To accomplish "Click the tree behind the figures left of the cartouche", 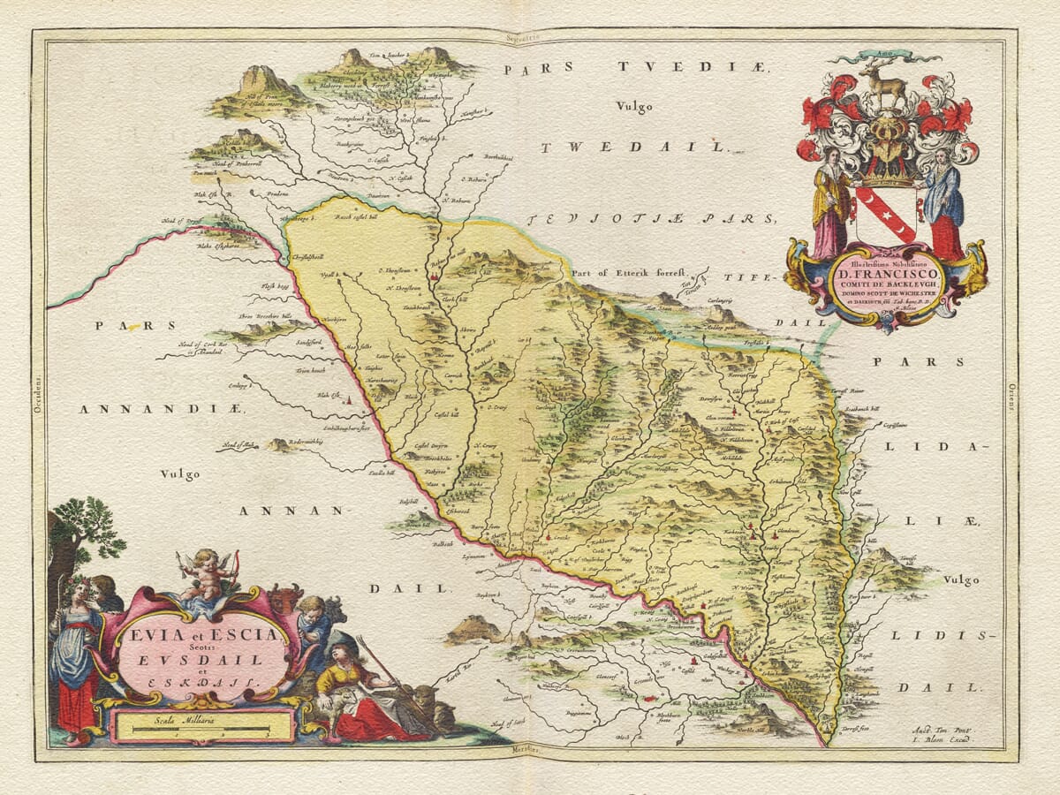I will (88, 530).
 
